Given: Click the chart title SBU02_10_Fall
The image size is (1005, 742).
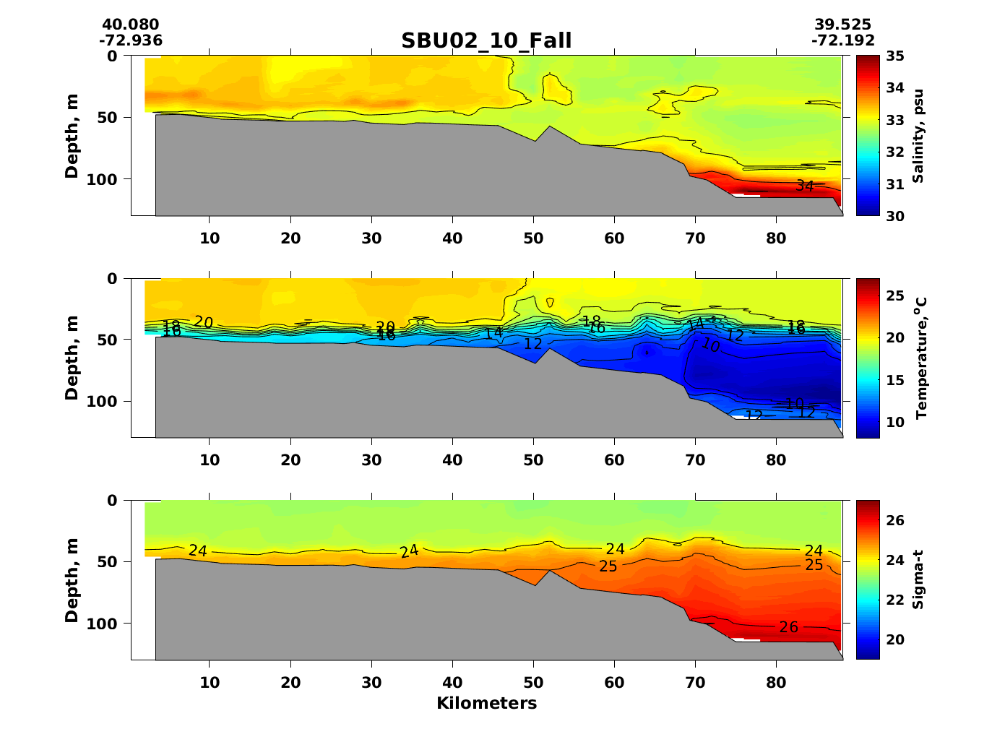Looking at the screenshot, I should [486, 40].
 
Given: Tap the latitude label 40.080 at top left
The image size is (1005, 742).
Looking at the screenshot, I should [131, 25].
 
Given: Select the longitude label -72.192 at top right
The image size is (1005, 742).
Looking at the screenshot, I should [842, 40].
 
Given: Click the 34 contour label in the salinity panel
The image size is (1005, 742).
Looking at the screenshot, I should [805, 186].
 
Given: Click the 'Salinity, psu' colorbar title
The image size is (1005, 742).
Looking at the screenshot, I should [918, 136].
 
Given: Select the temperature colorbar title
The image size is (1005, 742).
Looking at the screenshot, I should [920, 358].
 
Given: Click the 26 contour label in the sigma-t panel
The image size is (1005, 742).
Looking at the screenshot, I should [788, 627].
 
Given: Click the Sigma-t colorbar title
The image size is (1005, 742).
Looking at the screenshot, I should [918, 579].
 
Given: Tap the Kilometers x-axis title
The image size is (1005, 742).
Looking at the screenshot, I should [486, 703].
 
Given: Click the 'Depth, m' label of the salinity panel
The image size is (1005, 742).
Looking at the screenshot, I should [72, 136].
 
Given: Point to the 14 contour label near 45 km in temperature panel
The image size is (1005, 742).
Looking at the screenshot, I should [493, 333].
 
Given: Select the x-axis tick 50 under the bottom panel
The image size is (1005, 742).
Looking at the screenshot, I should [533, 682].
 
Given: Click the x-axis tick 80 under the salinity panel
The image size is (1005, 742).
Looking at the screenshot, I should [776, 238].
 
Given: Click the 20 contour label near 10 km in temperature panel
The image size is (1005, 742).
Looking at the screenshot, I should [204, 322].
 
